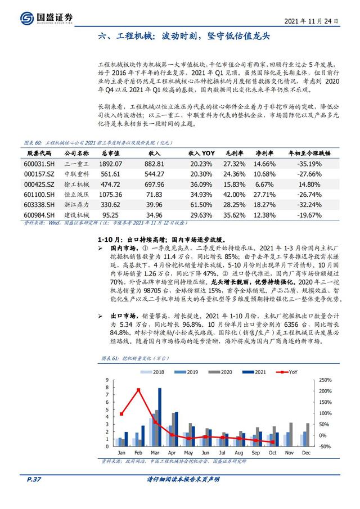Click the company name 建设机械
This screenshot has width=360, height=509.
(x=76, y=214)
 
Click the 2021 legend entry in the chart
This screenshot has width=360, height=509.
(x=256, y=372)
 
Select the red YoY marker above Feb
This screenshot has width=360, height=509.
(x=138, y=390)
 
